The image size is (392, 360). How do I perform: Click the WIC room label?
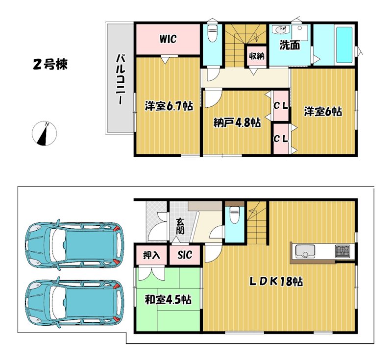(x=168, y=39)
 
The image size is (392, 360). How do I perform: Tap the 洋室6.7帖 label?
(x=169, y=106)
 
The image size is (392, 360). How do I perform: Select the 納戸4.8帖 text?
(x=237, y=122)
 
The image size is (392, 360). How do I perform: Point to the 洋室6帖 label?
(x=323, y=111)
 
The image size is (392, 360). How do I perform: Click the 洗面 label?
(x=290, y=46)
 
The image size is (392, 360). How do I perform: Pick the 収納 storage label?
(x=257, y=56)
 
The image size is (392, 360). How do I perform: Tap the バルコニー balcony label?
(x=121, y=79)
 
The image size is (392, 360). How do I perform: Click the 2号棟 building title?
(x=50, y=65)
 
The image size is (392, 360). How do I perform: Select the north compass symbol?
(x=45, y=133)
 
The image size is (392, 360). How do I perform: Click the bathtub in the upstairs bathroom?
(x=344, y=45)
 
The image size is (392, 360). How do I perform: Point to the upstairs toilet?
(x=212, y=34)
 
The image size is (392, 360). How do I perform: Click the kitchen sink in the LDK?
(x=305, y=251)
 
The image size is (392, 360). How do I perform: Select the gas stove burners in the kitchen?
(x=343, y=251)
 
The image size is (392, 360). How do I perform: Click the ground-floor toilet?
(x=235, y=215)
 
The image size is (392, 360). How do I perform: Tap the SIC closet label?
(x=185, y=255)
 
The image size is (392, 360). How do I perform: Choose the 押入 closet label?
(x=151, y=255)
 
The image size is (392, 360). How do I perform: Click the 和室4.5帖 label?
(x=168, y=299)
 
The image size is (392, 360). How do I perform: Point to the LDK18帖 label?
(x=276, y=282)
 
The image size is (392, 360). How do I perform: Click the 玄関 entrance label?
(x=180, y=226)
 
